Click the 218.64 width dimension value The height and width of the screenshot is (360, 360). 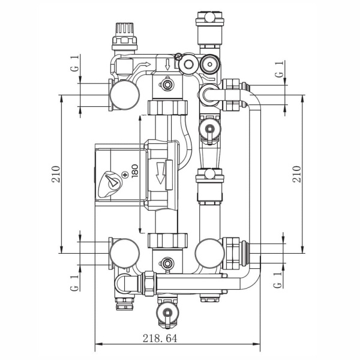point(160,338)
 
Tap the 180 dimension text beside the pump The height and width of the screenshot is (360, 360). point(135,171)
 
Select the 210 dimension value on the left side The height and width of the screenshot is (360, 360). point(56,174)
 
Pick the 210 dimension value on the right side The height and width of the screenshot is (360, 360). point(296,174)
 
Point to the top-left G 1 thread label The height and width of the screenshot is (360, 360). point(75,62)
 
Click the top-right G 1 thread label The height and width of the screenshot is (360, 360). point(279,69)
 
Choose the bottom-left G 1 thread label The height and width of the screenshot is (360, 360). point(74,283)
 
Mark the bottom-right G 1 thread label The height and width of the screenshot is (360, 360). point(278,280)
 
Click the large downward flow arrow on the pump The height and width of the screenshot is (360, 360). point(160,173)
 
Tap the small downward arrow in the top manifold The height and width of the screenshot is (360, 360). point(167,65)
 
